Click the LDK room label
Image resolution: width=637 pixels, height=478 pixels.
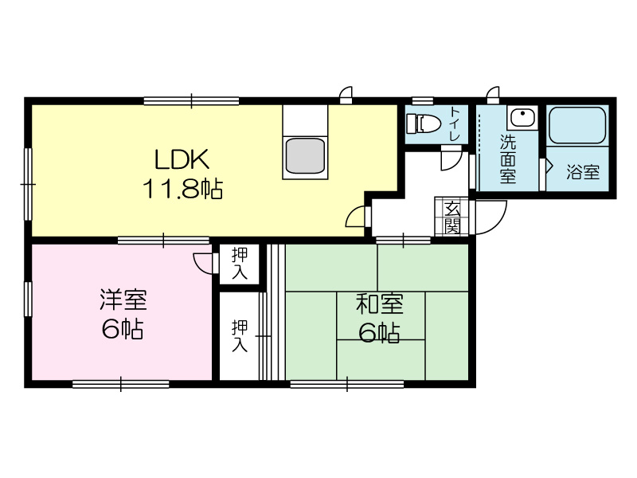182,159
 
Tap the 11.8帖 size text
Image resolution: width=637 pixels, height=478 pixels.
183,189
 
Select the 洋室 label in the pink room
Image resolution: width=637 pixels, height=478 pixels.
123,300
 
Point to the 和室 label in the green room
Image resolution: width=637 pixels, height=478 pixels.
380,304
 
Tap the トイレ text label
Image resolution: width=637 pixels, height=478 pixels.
455,124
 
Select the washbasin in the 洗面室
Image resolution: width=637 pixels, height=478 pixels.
522,118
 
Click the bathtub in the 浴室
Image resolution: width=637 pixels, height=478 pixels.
577,125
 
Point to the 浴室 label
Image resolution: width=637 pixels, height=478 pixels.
583,172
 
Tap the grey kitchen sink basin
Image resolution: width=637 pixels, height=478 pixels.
305,156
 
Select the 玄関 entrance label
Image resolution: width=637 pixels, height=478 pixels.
451,217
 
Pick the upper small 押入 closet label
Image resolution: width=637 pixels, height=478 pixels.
240,264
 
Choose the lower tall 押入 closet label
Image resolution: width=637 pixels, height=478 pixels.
240,336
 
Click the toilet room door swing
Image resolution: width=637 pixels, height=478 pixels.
451,160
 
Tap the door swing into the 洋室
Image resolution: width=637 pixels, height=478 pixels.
203,263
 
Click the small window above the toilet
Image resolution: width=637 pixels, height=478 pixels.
423,100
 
